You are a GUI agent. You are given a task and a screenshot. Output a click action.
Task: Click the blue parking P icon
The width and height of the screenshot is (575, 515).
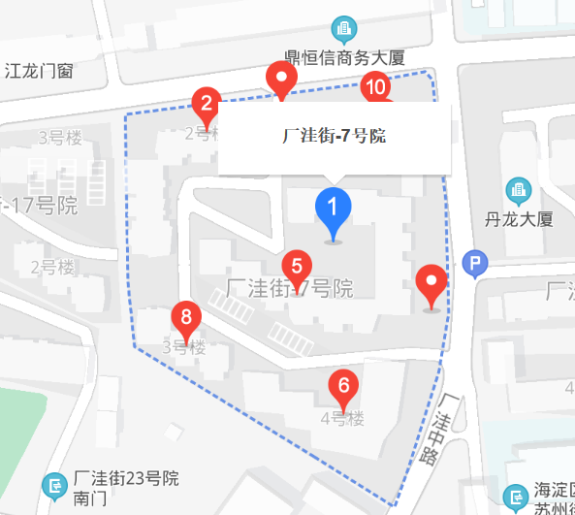pos(475,263)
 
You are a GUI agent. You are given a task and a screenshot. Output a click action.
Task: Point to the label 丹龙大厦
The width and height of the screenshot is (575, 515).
pos(521,219)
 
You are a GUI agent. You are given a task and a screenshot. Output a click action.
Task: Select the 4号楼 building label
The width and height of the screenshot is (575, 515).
pos(341,419)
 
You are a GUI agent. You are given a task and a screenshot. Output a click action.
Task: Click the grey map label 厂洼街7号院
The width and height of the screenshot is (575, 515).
pos(289,289)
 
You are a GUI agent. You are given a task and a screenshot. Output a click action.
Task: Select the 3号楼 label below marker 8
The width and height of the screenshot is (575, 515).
pos(183,347)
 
